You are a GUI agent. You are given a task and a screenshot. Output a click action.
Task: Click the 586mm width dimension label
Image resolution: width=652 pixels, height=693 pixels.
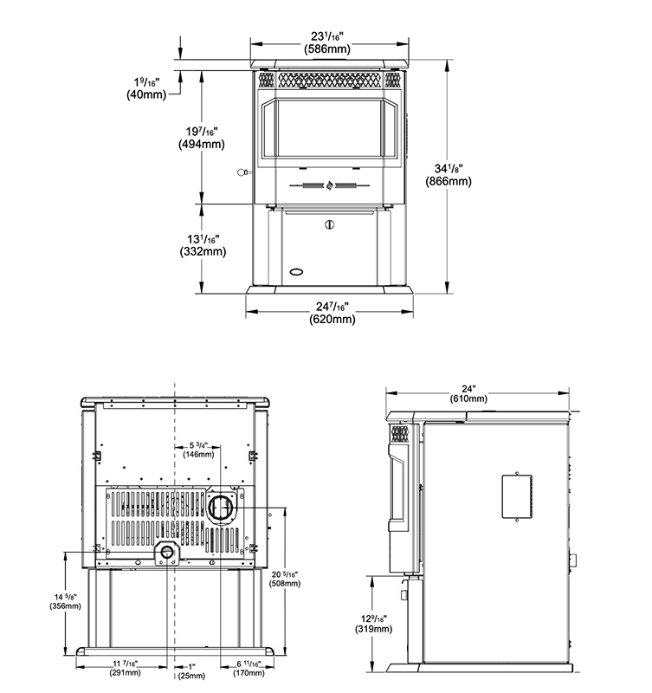(x=327, y=42)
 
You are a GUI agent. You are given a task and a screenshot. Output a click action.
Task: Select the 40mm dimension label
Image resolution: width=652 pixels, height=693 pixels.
(x=146, y=88)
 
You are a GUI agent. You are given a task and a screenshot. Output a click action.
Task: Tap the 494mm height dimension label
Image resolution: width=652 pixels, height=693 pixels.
(x=202, y=138)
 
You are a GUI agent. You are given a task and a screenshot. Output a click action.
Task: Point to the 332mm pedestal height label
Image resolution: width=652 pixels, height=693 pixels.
(x=203, y=245)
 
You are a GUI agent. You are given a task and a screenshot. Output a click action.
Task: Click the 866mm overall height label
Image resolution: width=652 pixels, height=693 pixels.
(x=449, y=175)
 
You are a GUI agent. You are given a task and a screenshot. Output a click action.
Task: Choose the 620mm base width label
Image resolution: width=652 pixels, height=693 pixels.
(x=332, y=313)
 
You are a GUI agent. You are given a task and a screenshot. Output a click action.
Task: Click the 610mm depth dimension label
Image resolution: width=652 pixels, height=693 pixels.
(x=468, y=394)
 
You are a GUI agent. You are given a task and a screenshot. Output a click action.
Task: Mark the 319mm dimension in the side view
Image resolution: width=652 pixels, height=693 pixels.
(x=374, y=624)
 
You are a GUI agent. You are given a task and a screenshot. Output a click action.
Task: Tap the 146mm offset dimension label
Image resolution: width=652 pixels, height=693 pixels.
(x=198, y=450)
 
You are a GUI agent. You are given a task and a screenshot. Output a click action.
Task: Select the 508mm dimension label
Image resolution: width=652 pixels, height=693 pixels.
(x=285, y=579)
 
